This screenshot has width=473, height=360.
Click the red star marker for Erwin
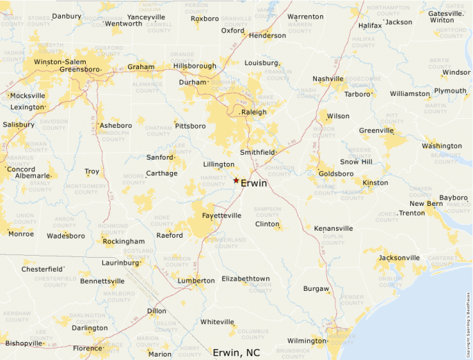(x=236, y=180)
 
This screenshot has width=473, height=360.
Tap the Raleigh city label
(x=253, y=112)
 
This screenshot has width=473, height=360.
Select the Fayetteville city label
(x=221, y=216)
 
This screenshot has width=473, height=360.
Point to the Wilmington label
(x=306, y=341)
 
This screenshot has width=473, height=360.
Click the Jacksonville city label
(x=399, y=258)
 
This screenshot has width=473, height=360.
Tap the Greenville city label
(x=377, y=130)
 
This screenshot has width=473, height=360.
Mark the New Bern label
(x=425, y=204)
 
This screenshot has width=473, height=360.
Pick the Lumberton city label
(x=196, y=281)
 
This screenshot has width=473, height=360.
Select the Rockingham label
(x=124, y=241)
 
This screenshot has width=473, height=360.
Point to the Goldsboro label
(x=335, y=173)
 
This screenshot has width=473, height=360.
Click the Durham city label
(x=193, y=82)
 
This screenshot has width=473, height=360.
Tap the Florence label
(x=88, y=348)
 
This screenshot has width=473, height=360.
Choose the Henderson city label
(x=267, y=35)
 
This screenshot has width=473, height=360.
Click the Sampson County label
(x=267, y=211)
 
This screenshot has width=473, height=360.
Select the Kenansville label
(x=333, y=228)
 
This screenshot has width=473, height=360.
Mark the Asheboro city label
(x=115, y=125)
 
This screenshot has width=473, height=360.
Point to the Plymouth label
(x=450, y=91)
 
